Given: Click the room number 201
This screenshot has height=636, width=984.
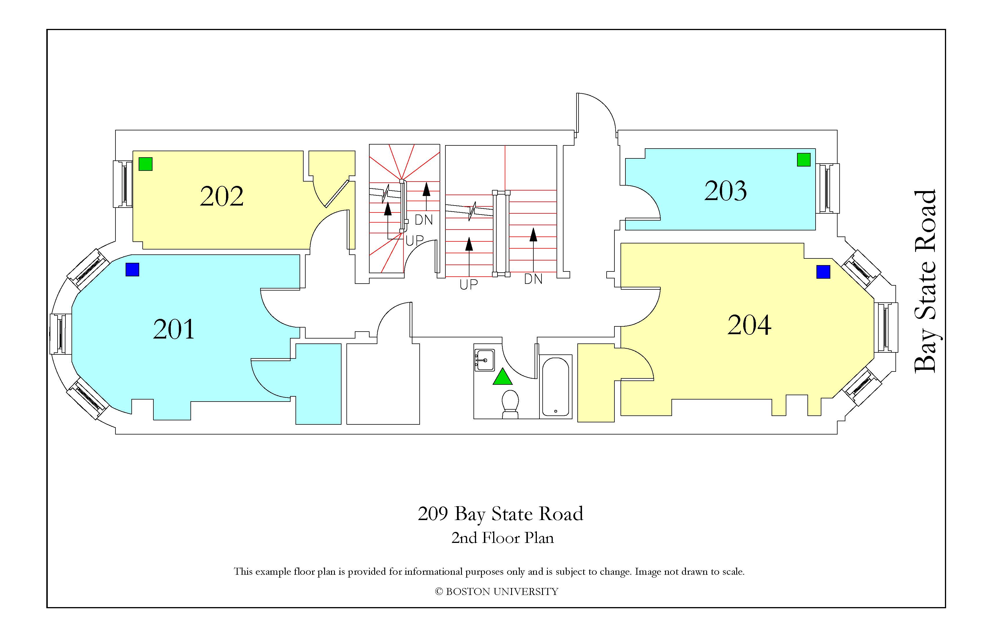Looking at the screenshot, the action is pyautogui.click(x=174, y=329).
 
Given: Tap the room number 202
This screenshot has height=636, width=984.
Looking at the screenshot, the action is pyautogui.click(x=222, y=196).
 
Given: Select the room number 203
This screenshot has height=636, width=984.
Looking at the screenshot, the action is pyautogui.click(x=726, y=191).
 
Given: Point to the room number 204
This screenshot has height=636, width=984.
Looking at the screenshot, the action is pyautogui.click(x=749, y=325).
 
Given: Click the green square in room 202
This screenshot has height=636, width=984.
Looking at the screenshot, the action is pyautogui.click(x=146, y=164).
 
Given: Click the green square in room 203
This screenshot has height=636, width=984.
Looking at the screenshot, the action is pyautogui.click(x=804, y=159).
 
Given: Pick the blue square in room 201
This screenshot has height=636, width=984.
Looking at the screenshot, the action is pyautogui.click(x=132, y=270).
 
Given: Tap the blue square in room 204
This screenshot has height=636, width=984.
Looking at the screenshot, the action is pyautogui.click(x=823, y=272).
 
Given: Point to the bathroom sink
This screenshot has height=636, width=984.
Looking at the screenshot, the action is pyautogui.click(x=484, y=360).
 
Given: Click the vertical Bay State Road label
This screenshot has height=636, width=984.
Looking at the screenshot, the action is pyautogui.click(x=924, y=282).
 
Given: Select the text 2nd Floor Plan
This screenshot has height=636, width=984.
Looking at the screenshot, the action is pyautogui.click(x=502, y=538).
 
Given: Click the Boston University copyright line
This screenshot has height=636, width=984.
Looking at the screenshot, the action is pyautogui.click(x=497, y=591).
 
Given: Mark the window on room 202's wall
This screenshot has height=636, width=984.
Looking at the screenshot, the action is pyautogui.click(x=123, y=184).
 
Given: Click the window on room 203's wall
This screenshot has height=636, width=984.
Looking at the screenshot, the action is pyautogui.click(x=828, y=188).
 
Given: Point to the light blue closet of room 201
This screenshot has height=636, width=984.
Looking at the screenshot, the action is pyautogui.click(x=318, y=384).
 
